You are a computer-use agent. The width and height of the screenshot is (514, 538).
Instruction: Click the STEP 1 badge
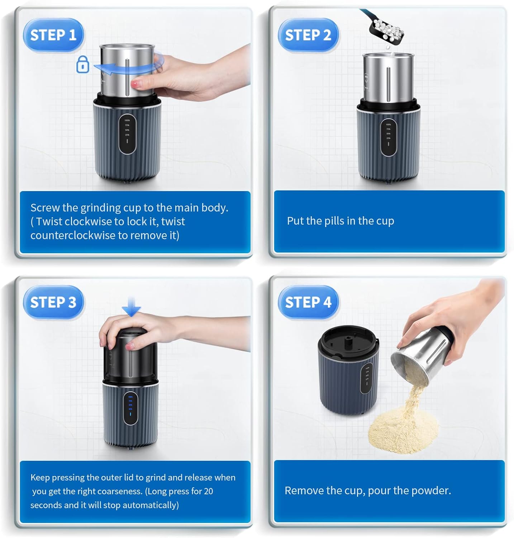pos(53,35)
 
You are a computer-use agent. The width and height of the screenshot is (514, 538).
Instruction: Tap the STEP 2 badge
pos(308,35)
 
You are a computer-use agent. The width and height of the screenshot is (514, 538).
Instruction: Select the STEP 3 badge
pos(53,302)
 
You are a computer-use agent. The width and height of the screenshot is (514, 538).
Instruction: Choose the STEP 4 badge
pos(308,302)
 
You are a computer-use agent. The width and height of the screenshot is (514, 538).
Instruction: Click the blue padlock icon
pos(83,65)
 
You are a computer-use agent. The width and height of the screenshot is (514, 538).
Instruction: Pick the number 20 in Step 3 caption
pos(208,491)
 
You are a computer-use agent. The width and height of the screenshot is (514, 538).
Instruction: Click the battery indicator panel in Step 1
pos(127,134)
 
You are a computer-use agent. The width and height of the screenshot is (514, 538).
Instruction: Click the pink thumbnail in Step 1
pos(135,84)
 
